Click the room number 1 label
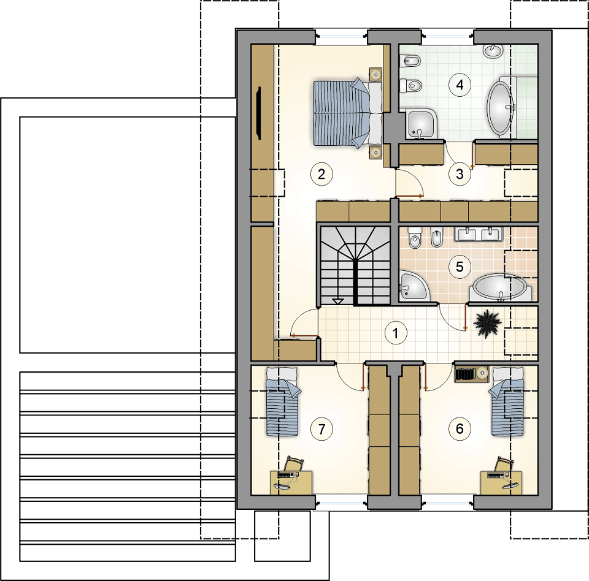395,333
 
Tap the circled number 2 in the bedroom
321,174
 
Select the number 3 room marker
460,174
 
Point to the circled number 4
460,85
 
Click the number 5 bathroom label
460,267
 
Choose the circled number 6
460,428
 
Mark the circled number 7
321,428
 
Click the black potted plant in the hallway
487,324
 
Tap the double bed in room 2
347,112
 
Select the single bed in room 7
283,401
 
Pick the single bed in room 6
506,401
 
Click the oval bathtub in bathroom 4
501,107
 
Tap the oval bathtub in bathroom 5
499,287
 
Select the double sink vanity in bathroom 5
478,234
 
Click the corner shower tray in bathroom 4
421,124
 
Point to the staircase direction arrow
338,301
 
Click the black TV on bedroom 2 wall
258,113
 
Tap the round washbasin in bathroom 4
493,50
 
